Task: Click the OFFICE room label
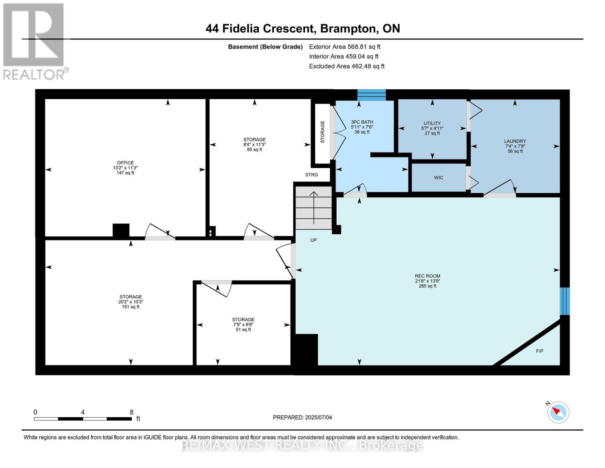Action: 125,163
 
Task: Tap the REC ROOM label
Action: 427,276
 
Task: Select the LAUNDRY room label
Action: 515,141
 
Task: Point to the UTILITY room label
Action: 432,123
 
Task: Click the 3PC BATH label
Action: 362,122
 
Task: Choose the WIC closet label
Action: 439,177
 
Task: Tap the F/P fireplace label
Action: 540,351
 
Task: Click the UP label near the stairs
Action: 314,240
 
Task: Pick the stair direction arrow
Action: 314,207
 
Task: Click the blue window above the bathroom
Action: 371,95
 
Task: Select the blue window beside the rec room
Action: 564,301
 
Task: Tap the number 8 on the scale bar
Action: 131,412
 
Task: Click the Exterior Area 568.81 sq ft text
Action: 344,47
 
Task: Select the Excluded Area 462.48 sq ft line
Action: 347,66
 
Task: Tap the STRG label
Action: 311,175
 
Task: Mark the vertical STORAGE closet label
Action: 323,132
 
